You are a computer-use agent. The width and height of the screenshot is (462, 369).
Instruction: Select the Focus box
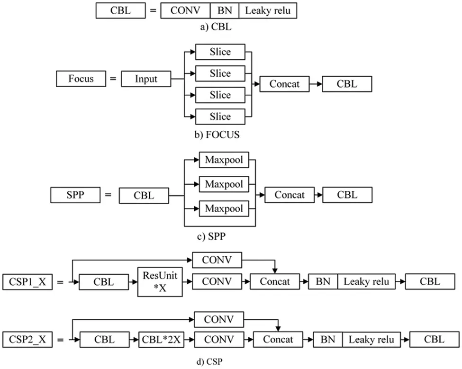point(81,79)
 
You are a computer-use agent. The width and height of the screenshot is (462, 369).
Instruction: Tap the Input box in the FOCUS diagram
point(146,79)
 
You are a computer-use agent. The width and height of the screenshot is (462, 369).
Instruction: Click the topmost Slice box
point(220,52)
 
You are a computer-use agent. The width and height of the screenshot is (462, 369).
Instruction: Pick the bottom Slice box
point(220,117)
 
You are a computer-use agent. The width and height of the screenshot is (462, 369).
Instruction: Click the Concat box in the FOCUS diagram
point(284,84)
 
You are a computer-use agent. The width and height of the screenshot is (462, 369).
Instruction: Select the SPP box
point(75,195)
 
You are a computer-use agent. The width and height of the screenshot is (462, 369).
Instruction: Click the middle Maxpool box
point(224,184)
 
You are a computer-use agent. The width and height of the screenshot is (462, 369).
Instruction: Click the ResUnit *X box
point(160,282)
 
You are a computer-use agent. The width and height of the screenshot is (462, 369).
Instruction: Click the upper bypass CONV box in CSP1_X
point(217,260)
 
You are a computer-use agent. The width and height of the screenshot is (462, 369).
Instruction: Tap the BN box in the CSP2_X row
point(328,339)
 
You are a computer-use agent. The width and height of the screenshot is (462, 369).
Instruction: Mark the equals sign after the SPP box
point(108,195)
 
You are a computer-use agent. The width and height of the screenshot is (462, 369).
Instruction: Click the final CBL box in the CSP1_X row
point(429,281)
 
